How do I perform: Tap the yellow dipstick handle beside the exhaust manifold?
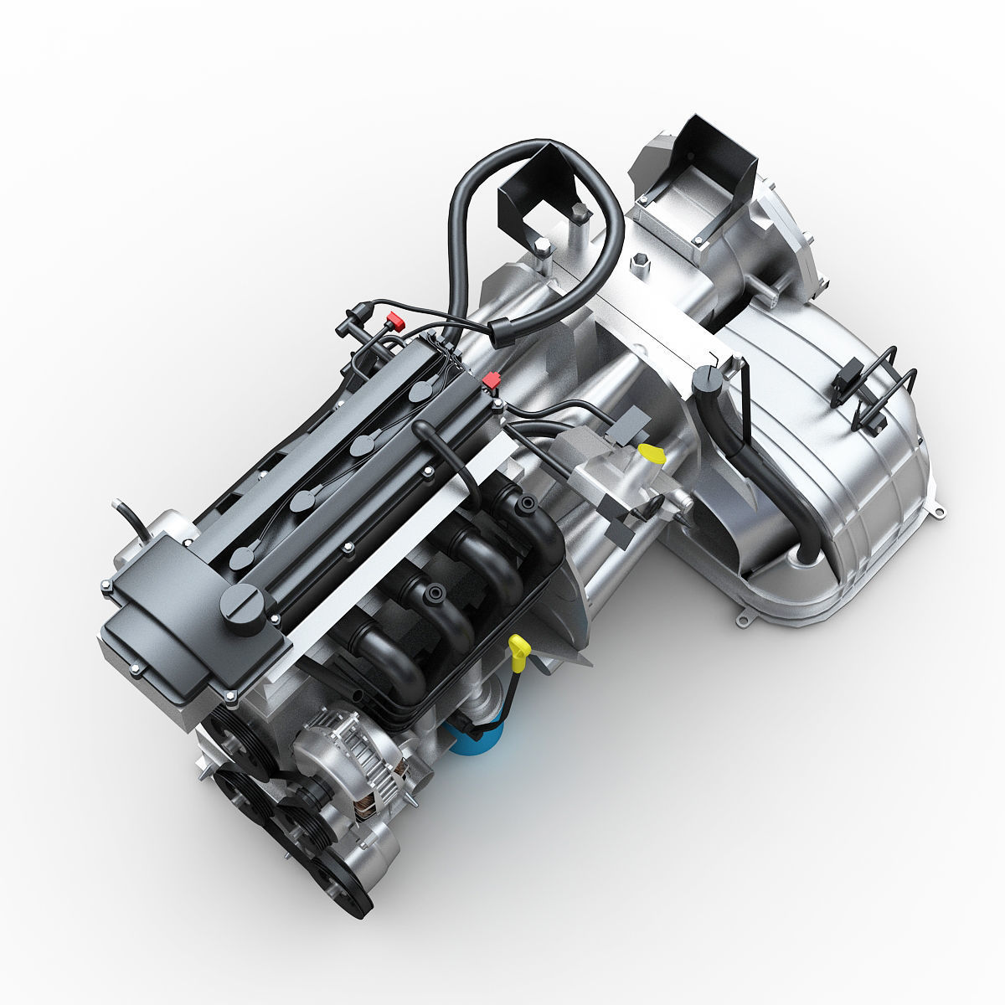click(520, 648)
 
